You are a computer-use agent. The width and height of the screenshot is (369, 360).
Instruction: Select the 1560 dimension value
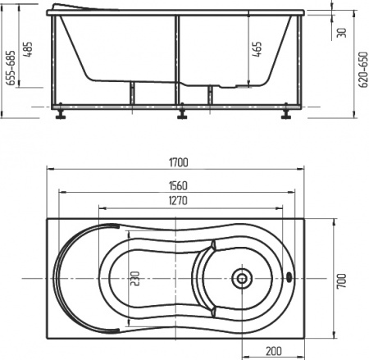(x=175, y=185)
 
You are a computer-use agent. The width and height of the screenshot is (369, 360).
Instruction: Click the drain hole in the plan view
(x=242, y=277)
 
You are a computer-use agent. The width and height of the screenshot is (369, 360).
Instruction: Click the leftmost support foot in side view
(x=61, y=113)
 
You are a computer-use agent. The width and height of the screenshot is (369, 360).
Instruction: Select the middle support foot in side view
(x=180, y=113)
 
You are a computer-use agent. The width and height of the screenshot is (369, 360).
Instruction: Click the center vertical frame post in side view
(x=175, y=62)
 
